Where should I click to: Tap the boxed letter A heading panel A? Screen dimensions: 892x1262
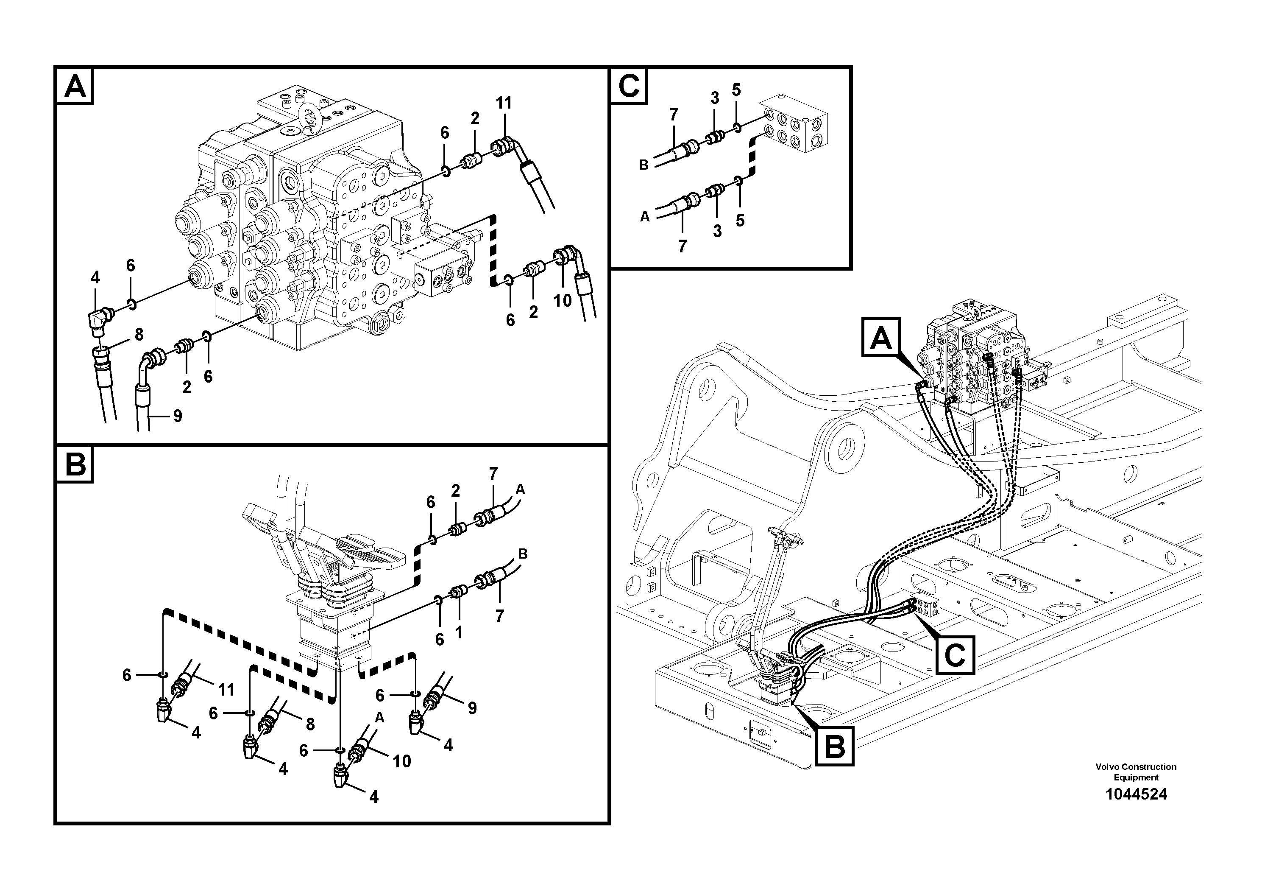[x=75, y=87]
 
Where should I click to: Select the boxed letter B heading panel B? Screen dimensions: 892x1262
[x=75, y=465]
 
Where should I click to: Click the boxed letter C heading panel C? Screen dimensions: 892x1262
[x=630, y=87]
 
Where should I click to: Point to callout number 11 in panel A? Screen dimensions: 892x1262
[x=504, y=103]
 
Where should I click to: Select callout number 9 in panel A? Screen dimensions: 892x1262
[x=178, y=416]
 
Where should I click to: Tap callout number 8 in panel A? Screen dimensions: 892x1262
[x=139, y=334]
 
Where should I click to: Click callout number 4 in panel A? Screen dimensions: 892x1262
[x=95, y=278]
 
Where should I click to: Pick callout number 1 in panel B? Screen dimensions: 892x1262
[x=458, y=633]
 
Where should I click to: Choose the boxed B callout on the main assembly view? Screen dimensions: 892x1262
[x=834, y=746]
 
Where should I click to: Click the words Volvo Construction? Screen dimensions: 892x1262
[x=1136, y=766]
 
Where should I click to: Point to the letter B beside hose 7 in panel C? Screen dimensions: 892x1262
[x=644, y=165]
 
